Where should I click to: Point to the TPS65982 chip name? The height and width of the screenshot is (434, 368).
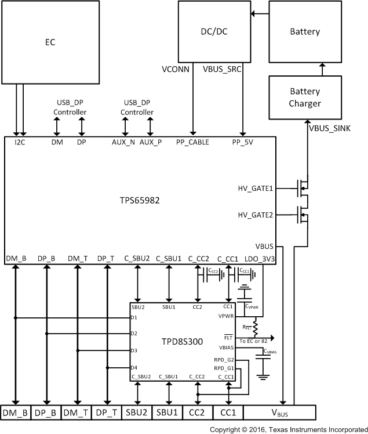[x=140, y=200]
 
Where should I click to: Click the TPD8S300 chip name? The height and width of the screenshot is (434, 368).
[x=183, y=342]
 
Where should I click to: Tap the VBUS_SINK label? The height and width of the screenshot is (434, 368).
[x=334, y=127]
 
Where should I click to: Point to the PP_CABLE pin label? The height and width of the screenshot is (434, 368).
[x=192, y=142]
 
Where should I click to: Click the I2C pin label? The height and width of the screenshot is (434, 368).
[x=20, y=142]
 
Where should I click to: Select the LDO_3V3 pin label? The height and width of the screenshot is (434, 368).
[x=260, y=258]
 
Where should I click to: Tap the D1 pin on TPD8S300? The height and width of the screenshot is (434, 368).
[x=134, y=317]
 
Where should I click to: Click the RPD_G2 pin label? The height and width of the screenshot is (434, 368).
[x=224, y=360]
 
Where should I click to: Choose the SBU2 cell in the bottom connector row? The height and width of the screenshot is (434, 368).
[x=137, y=413]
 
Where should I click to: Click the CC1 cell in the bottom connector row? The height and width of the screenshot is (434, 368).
[x=228, y=413]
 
